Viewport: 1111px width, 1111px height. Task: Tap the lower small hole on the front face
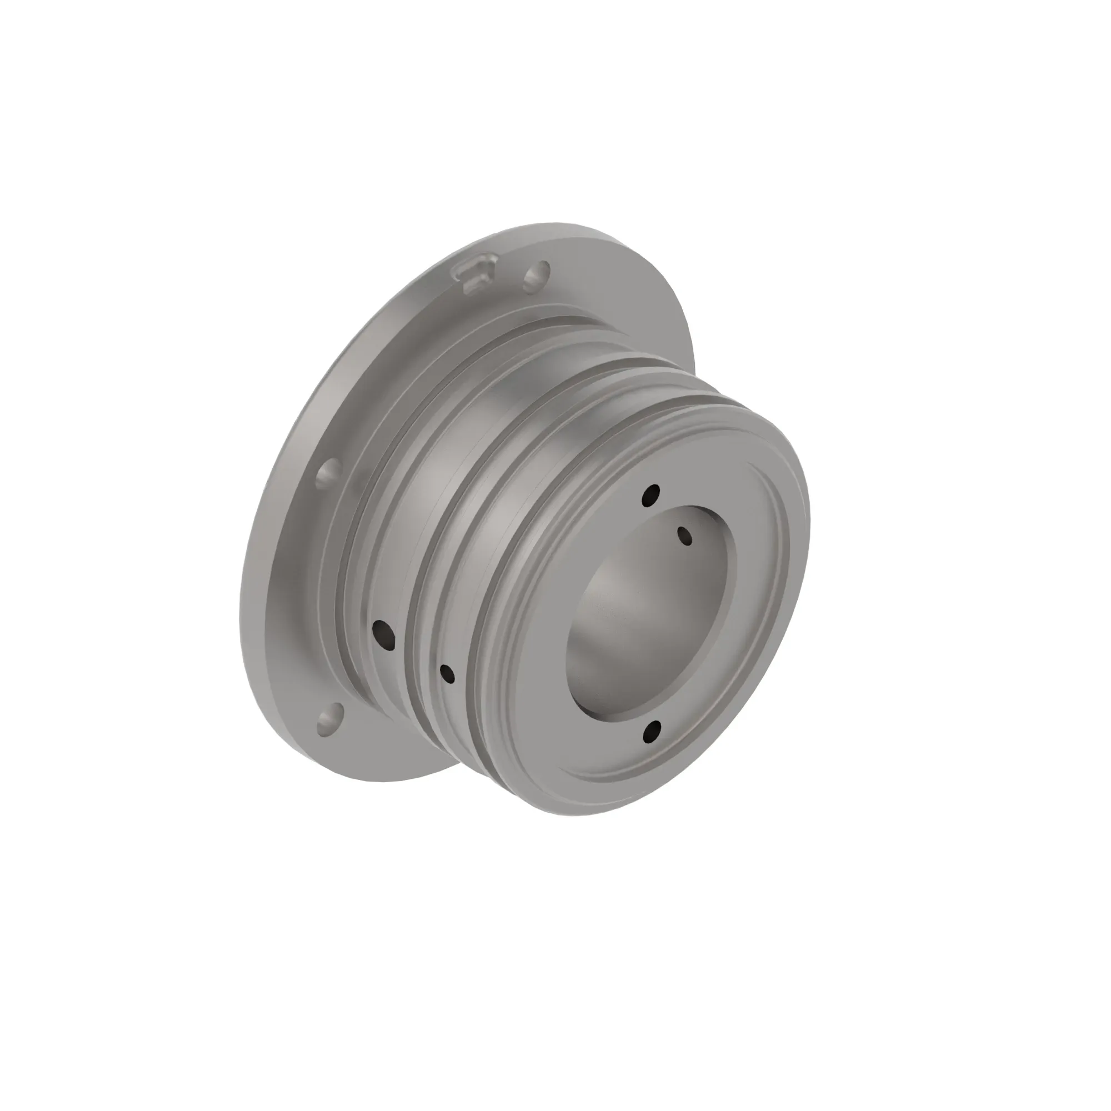click(x=652, y=730)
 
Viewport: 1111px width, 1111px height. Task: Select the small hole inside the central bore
click(x=685, y=536)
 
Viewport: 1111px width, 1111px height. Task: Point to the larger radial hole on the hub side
click(x=383, y=632)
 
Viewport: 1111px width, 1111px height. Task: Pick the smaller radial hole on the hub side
click(x=447, y=673)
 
